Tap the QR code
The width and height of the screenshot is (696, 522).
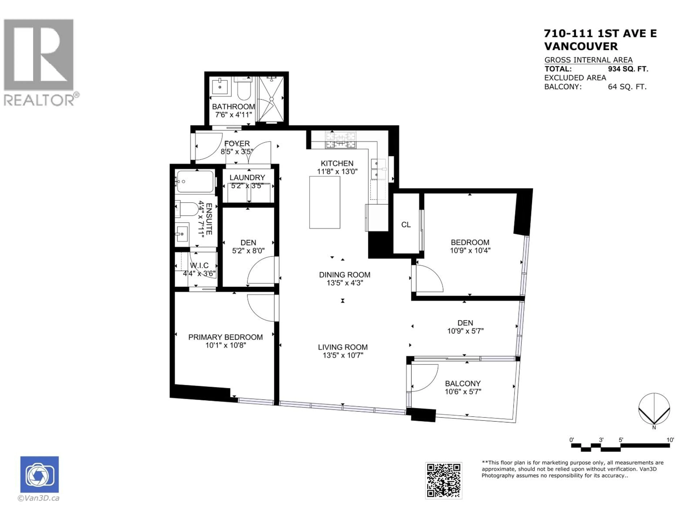pos(444,480)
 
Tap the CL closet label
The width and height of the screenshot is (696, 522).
pos(406,225)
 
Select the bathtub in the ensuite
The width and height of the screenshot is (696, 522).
pos(195,182)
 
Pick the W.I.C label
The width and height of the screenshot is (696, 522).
pos(199,266)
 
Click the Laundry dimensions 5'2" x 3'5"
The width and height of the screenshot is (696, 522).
pos(247,186)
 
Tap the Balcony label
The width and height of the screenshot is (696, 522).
pos(463,384)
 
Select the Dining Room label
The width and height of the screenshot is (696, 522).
pos(345,275)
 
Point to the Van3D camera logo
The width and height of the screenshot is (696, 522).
pos(39,474)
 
